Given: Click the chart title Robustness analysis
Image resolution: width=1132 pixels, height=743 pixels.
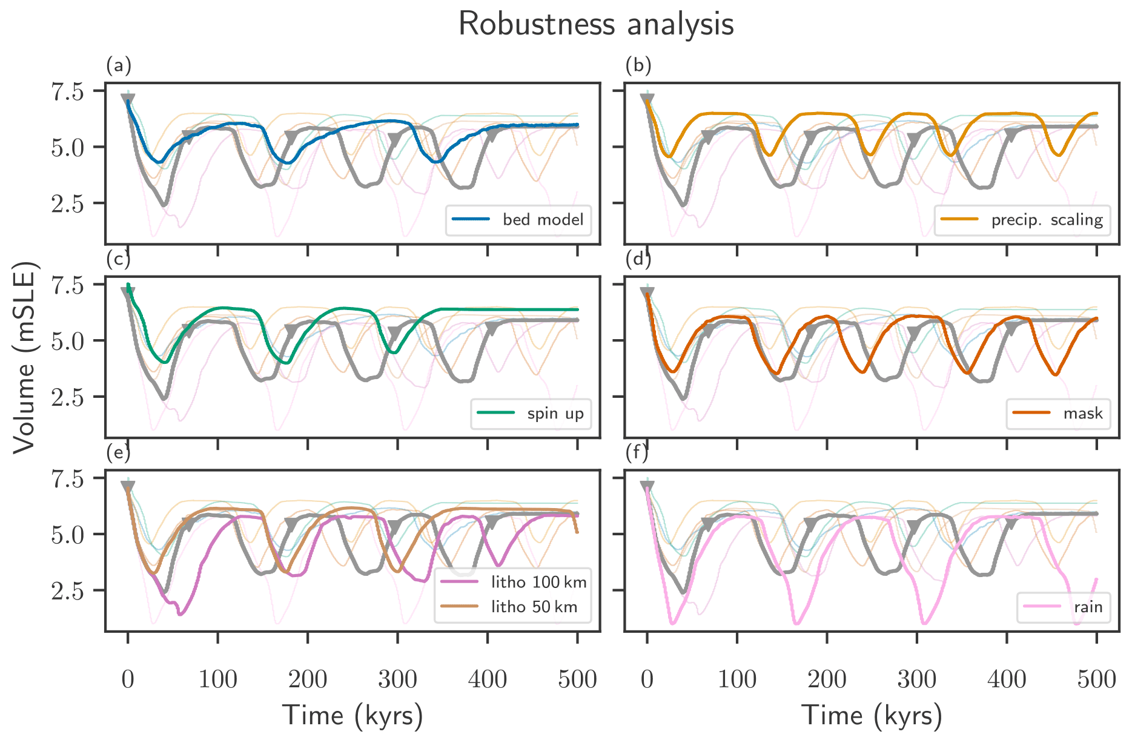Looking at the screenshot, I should pyautogui.click(x=596, y=25).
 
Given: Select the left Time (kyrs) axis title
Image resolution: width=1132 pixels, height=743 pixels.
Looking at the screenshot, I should pyautogui.click(x=353, y=716).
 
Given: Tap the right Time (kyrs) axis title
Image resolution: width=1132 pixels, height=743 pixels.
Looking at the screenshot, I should pyautogui.click(x=872, y=716).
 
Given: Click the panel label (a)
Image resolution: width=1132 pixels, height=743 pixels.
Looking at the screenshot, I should pyautogui.click(x=119, y=65).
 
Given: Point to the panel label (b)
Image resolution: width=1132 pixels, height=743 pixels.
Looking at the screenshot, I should pyautogui.click(x=638, y=65).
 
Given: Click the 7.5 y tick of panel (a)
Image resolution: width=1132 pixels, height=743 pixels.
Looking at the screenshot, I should pyautogui.click(x=67, y=91).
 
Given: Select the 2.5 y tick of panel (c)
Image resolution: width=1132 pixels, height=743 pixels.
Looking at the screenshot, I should pyautogui.click(x=67, y=397).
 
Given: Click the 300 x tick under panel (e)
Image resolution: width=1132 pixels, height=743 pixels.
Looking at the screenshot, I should pyautogui.click(x=397, y=679).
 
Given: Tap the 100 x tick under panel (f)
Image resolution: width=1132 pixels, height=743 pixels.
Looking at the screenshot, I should pyautogui.click(x=737, y=679).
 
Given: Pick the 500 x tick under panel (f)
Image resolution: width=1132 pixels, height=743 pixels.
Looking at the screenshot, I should pyautogui.click(x=1097, y=679).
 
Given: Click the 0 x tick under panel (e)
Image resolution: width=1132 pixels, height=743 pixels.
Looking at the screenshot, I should pyautogui.click(x=128, y=679).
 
